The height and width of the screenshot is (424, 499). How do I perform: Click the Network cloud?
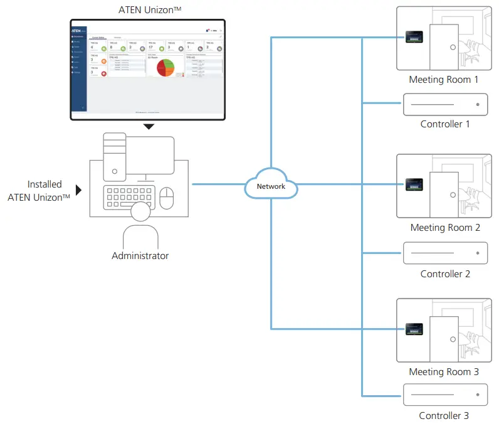point(271,186)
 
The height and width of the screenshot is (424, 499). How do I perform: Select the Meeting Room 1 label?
point(443,80)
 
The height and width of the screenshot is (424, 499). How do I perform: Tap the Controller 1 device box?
point(445,104)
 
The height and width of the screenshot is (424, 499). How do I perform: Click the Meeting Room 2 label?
point(445,228)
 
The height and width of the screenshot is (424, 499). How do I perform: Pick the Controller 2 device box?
point(445,253)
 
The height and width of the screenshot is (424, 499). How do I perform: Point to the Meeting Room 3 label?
point(444,372)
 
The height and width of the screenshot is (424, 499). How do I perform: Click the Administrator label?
point(140,256)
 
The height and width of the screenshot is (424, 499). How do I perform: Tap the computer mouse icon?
point(166,198)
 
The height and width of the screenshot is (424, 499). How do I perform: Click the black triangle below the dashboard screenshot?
point(148,127)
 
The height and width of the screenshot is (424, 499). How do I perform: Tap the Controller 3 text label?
point(444,415)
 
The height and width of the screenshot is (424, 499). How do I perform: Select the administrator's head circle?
point(140,213)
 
